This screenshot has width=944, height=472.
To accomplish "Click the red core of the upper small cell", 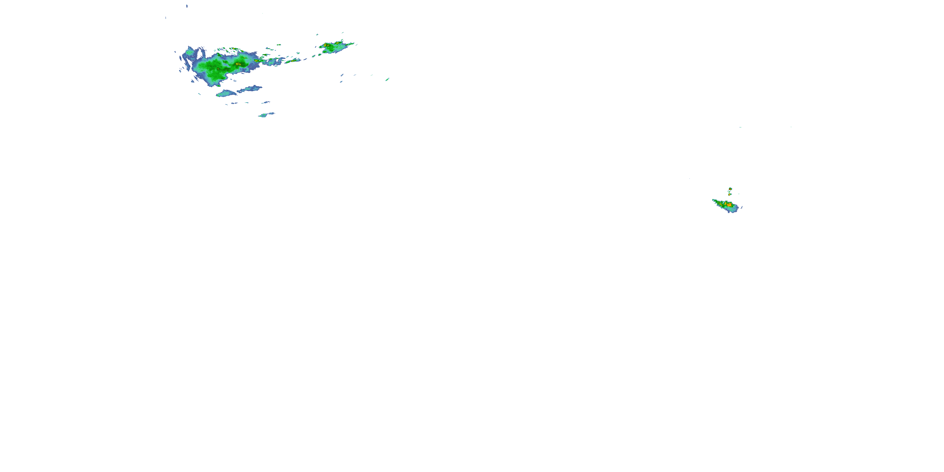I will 730,189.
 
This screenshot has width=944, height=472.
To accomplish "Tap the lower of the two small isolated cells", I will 730,194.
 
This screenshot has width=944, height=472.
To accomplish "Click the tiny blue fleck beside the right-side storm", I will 742,207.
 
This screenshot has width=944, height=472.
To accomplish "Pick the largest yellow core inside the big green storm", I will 238,64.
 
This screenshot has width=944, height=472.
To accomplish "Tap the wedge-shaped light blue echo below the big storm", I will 225,93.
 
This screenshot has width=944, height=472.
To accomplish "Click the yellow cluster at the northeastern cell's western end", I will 325,45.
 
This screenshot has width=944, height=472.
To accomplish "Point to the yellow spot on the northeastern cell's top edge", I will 337,43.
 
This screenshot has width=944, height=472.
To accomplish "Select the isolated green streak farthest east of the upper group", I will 387,79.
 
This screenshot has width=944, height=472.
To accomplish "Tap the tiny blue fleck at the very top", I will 187,6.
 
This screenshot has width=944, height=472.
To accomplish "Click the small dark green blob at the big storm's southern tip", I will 218,85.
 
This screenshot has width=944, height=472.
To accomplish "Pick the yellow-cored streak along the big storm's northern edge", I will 234,49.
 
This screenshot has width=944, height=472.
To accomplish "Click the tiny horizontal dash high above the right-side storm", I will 741,127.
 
